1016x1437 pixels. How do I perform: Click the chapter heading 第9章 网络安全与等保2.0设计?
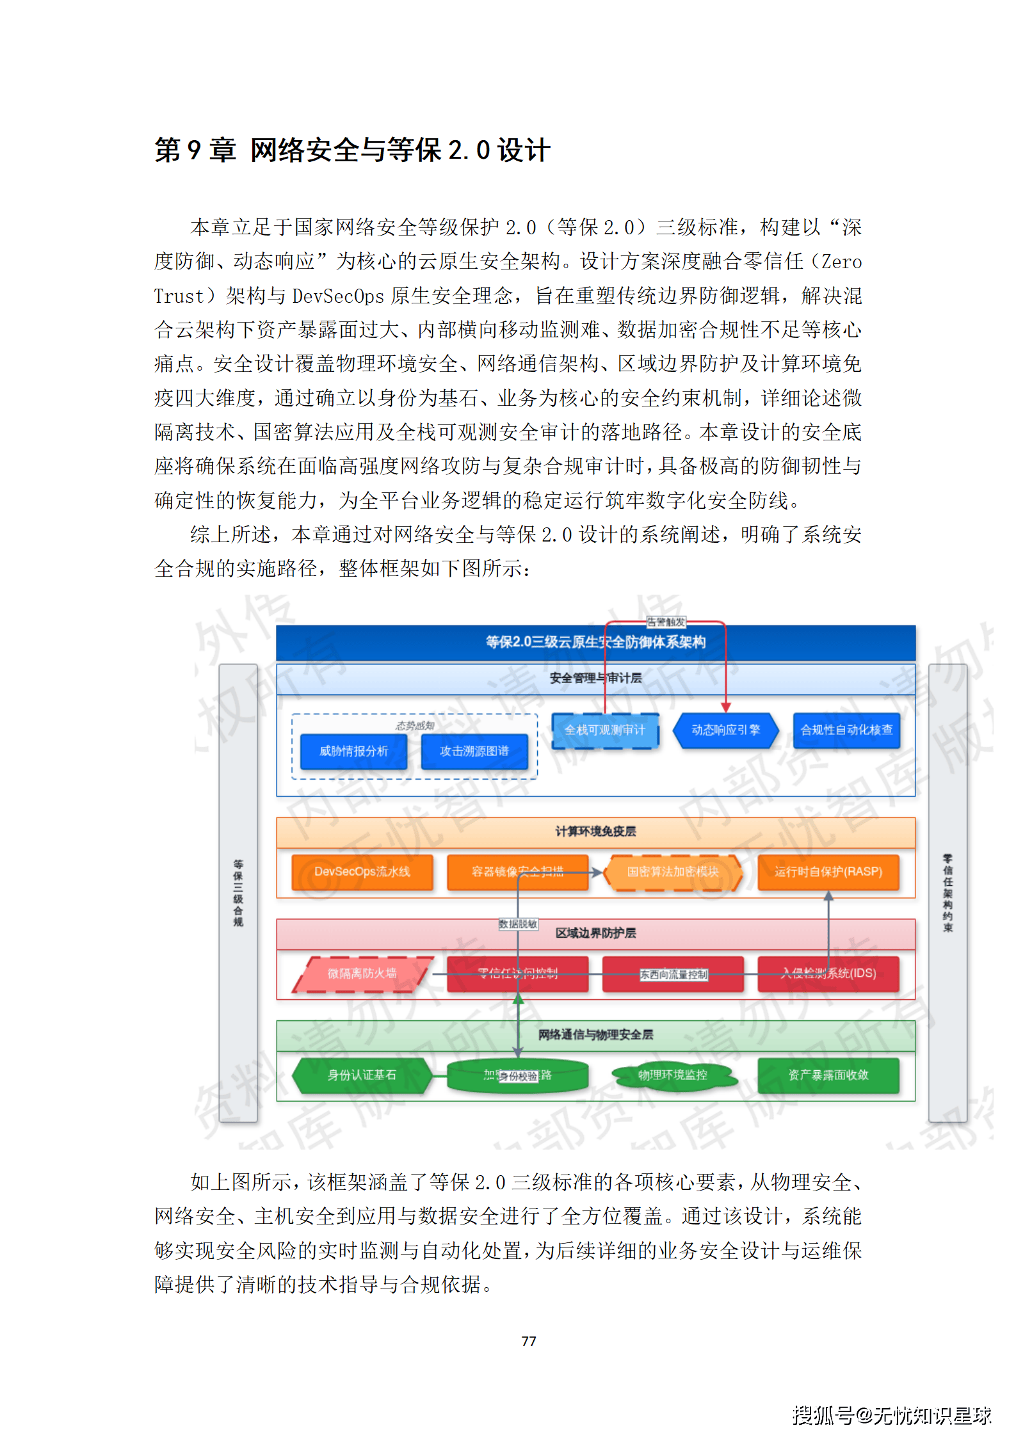coord(352,150)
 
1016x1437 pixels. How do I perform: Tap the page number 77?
coord(528,1341)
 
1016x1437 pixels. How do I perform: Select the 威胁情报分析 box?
coord(353,751)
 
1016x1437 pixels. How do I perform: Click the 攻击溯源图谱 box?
coord(474,751)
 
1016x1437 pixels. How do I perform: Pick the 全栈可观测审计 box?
coord(604,730)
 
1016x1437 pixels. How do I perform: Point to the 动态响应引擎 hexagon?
coord(725,730)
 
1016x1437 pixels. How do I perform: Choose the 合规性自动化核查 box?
coord(846,730)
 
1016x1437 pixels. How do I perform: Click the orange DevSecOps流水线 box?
coord(362,872)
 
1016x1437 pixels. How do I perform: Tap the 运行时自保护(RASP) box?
coord(828,872)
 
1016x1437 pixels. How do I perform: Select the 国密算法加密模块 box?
coord(672,872)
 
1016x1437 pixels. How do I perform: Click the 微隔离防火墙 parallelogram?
coord(362,974)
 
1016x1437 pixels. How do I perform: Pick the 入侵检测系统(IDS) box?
coord(828,974)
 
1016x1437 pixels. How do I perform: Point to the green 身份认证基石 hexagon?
coord(362,1075)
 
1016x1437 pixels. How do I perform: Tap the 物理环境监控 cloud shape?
coord(672,1075)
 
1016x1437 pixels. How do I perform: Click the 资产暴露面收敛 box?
coord(828,1075)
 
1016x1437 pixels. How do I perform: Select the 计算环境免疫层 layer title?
coord(595,831)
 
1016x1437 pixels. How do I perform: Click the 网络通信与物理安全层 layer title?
coord(595,1034)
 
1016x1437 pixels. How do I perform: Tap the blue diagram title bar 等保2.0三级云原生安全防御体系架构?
coord(595,642)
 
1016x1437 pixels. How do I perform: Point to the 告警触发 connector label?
coord(666,622)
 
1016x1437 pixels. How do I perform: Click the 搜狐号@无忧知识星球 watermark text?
coord(892,1415)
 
